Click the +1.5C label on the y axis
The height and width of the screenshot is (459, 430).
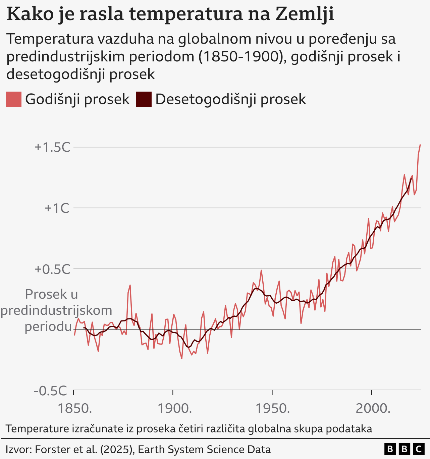point(52,147)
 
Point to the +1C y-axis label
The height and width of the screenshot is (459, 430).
point(57,208)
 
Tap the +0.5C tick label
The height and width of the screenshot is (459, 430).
point(52,269)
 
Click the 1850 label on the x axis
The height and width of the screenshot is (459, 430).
point(75,408)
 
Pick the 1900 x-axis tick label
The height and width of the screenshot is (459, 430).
point(174,408)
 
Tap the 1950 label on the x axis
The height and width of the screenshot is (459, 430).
point(273,408)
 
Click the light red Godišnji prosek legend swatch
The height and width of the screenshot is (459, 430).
point(14,99)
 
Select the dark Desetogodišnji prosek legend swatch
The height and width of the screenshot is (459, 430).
point(144,99)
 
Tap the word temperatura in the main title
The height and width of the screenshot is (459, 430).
point(186,14)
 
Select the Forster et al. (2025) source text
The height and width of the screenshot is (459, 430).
point(84,449)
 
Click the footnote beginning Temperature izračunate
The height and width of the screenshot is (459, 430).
point(189,428)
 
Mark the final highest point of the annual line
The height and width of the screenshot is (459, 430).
point(420,145)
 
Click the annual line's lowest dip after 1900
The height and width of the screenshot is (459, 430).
point(182,358)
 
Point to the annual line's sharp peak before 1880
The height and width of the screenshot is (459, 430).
point(130,286)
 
